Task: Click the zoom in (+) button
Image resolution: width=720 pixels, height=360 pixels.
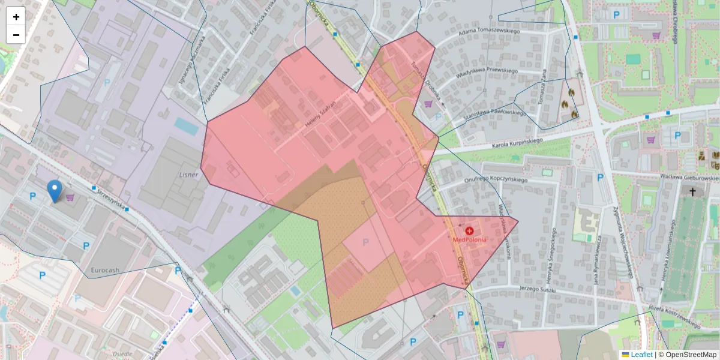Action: pyautogui.click(x=16, y=17)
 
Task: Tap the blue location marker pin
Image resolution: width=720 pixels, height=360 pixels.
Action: pyautogui.click(x=55, y=191)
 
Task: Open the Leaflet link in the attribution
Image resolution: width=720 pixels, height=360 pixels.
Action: pyautogui.click(x=641, y=355)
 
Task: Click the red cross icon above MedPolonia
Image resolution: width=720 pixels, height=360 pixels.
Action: pyautogui.click(x=469, y=230)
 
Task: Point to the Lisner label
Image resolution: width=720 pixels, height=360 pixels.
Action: pyautogui.click(x=188, y=174)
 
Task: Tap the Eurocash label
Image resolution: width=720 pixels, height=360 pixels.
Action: pyautogui.click(x=106, y=271)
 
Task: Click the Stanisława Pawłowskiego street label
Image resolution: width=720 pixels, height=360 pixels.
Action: pyautogui.click(x=496, y=112)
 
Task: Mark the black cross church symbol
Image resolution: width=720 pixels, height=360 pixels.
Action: pyautogui.click(x=693, y=192)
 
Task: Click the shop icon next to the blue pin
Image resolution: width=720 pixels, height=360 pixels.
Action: pyautogui.click(x=70, y=197)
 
